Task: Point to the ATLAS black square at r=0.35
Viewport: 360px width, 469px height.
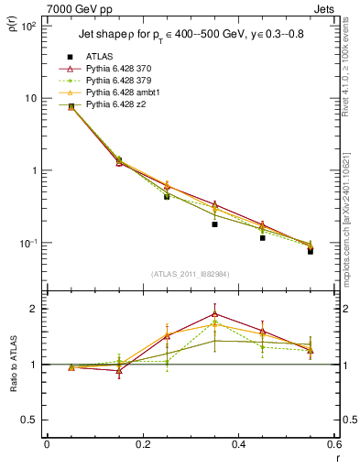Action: point(214,224)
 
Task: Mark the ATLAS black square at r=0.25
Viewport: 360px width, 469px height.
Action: point(167,196)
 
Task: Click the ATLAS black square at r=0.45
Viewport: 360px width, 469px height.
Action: point(262,237)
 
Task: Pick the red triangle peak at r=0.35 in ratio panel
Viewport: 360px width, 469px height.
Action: point(214,313)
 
